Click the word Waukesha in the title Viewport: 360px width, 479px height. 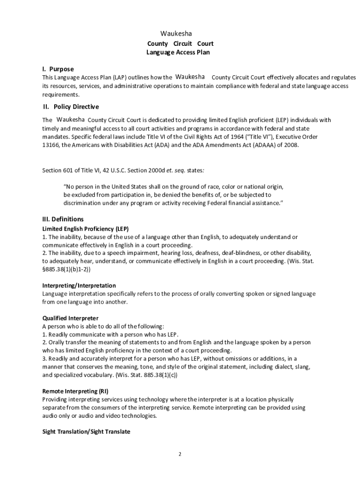[176, 34]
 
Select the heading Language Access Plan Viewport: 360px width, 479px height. [178, 52]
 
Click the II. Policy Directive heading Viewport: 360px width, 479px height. [71, 107]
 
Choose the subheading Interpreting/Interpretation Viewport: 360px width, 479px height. [79, 285]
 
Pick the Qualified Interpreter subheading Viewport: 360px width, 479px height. [70, 318]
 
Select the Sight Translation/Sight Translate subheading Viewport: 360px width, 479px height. [86, 432]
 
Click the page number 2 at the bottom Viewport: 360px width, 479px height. [180, 454]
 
